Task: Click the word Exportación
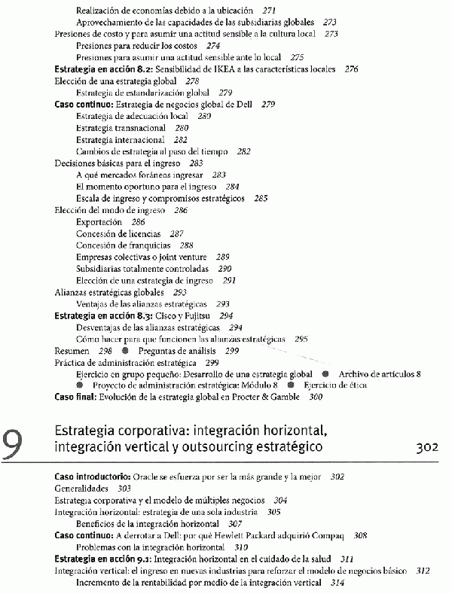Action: click(x=99, y=222)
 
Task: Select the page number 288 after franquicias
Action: click(x=186, y=245)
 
